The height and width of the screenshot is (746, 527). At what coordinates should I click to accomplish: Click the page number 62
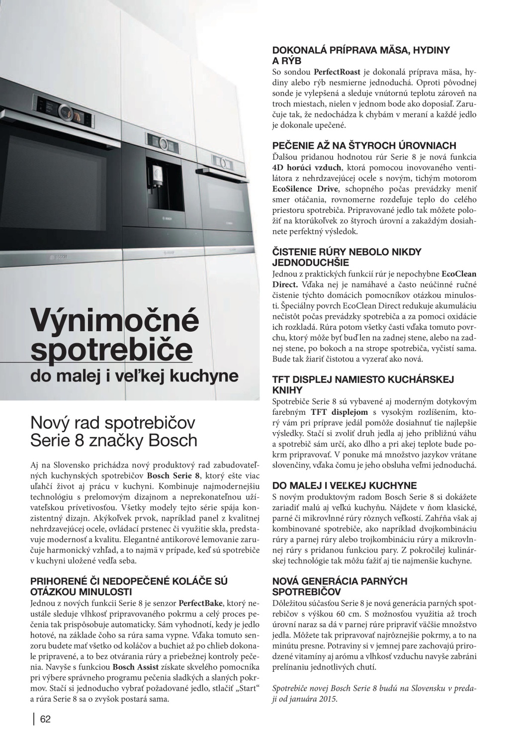coord(46,719)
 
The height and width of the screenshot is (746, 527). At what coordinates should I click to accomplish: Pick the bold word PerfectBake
coord(201,603)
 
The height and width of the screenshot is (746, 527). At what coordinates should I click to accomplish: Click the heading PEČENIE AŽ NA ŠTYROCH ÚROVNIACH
coord(364,146)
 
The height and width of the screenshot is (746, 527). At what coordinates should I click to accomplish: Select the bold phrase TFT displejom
coord(340,412)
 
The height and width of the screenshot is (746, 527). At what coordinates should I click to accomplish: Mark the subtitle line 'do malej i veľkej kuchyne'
coord(134,376)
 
